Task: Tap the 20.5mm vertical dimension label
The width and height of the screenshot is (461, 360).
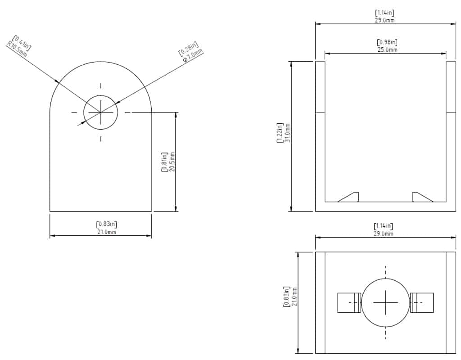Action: pyautogui.click(x=172, y=162)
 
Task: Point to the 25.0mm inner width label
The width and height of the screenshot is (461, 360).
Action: pyautogui.click(x=387, y=49)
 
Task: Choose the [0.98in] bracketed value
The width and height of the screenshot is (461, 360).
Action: pyautogui.click(x=387, y=42)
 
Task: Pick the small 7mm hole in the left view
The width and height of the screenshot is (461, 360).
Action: pyautogui.click(x=100, y=112)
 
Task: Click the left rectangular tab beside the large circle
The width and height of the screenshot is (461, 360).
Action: pyautogui.click(x=349, y=302)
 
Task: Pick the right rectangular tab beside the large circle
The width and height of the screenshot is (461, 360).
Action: pyautogui.click(x=422, y=302)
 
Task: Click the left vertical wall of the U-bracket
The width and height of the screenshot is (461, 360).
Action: pyautogui.click(x=320, y=135)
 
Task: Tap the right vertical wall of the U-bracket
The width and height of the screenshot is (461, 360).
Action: pyautogui.click(x=451, y=135)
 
